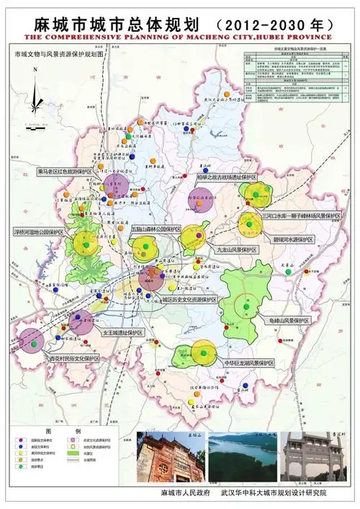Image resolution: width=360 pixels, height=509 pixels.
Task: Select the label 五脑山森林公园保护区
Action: pyautogui.click(x=156, y=228)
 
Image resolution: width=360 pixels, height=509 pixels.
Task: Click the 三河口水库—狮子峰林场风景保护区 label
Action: pyautogui.click(x=301, y=215)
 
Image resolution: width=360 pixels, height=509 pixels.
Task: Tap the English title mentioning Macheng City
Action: pyautogui.click(x=179, y=36)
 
